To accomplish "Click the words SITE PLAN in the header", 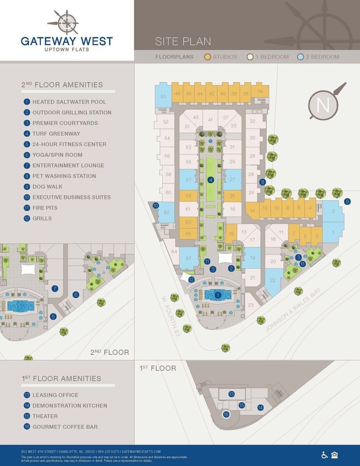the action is tap(183, 42).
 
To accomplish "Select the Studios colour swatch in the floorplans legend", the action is tap(208, 57).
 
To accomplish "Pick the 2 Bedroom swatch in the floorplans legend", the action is tap(301, 57).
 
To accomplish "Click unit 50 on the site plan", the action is tap(163, 96).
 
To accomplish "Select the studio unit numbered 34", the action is tap(260, 91).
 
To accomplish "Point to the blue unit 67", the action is tap(189, 258).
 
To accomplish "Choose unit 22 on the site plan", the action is tap(272, 280).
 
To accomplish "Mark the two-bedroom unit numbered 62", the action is tap(166, 212).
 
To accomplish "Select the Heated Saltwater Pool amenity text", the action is tap(69, 102).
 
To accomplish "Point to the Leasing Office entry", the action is tap(55, 395).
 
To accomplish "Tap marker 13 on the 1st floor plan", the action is tap(232, 394).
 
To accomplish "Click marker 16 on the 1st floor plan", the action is tap(225, 414).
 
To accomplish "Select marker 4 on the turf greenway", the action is tap(210, 180).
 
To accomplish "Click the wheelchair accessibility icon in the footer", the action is tap(325, 455).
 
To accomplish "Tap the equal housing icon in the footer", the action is tap(335, 455).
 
